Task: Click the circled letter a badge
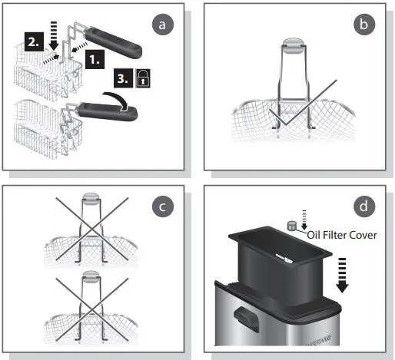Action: click(162, 25)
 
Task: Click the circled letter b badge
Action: click(364, 25)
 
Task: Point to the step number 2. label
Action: click(35, 43)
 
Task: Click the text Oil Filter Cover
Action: click(341, 235)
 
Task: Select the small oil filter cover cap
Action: click(292, 226)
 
